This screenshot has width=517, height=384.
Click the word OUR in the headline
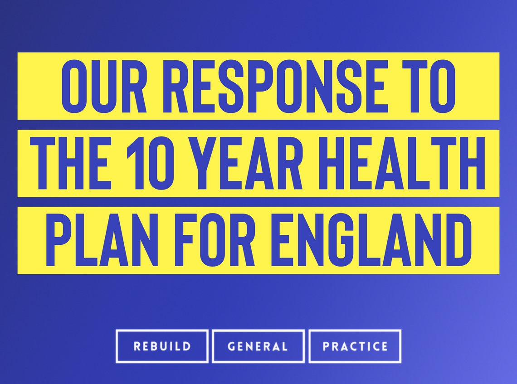click(104, 86)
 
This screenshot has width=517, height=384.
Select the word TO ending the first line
click(429, 86)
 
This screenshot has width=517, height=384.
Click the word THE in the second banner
click(71, 163)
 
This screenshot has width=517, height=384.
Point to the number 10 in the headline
click(151, 163)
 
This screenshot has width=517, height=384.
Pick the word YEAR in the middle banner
click(245, 163)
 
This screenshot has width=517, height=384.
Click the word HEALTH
click(402, 163)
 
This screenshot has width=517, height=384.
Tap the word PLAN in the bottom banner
click(102, 240)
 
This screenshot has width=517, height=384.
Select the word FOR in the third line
click(215, 240)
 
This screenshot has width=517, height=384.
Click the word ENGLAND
click(371, 240)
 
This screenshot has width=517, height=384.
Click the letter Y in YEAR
click(202, 163)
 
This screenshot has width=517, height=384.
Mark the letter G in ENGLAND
click(341, 240)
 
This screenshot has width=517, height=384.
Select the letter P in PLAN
click(59, 240)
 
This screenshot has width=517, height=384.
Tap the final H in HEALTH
click(473, 163)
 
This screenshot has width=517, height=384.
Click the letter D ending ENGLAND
click(459, 240)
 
